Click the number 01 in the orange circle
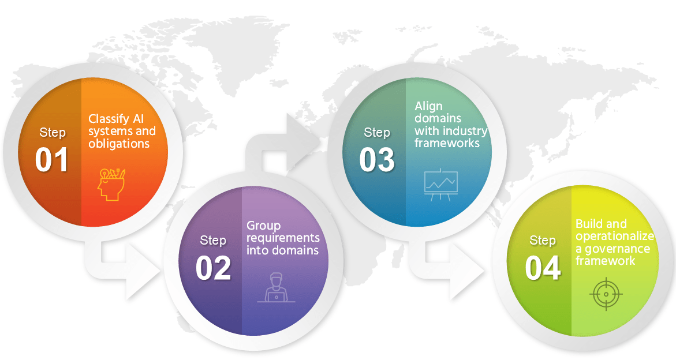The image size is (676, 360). click(x=52, y=160)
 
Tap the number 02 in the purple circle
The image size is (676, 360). click(x=213, y=268)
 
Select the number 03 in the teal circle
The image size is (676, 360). click(x=377, y=160)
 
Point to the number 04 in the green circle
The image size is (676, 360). click(x=543, y=268)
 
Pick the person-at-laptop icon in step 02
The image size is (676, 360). click(x=276, y=288)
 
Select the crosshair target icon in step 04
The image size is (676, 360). click(x=606, y=295)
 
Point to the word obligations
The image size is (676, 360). click(x=119, y=144)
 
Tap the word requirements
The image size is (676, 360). click(x=283, y=238)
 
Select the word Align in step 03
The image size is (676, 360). click(x=428, y=107)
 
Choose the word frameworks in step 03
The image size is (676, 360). click(x=447, y=143)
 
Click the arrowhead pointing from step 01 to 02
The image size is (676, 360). click(x=142, y=272)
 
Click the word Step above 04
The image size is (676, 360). click(x=542, y=240)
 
